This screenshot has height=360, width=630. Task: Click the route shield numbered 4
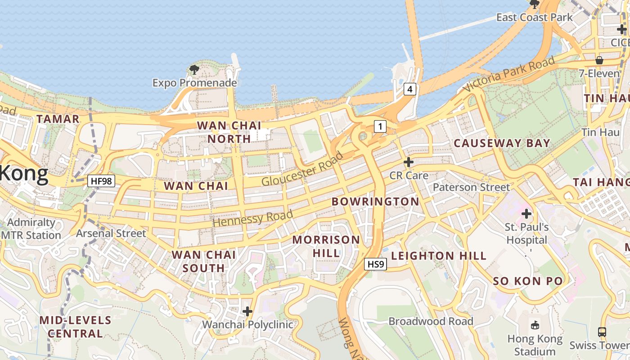tap(409, 90)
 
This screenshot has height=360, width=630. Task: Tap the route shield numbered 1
tap(380, 127)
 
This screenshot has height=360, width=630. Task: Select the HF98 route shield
tap(101, 181)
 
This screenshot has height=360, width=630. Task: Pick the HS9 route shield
tap(375, 264)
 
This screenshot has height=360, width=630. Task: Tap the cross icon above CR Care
tap(409, 162)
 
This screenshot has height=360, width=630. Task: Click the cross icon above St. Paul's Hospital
tap(526, 214)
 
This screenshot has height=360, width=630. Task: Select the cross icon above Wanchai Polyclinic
tap(247, 311)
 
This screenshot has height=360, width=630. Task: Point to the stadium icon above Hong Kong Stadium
tap(535, 324)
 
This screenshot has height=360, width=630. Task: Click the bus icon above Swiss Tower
tap(602, 332)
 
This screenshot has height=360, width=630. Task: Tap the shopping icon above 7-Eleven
tap(599, 60)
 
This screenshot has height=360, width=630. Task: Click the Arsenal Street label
tap(111, 233)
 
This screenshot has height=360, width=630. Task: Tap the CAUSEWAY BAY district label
tap(502, 144)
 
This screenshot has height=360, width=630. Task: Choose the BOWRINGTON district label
tap(375, 202)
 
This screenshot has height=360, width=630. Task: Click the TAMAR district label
tap(58, 119)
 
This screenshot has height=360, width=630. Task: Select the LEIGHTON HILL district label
tap(439, 256)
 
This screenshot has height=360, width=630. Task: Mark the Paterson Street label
tap(472, 187)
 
